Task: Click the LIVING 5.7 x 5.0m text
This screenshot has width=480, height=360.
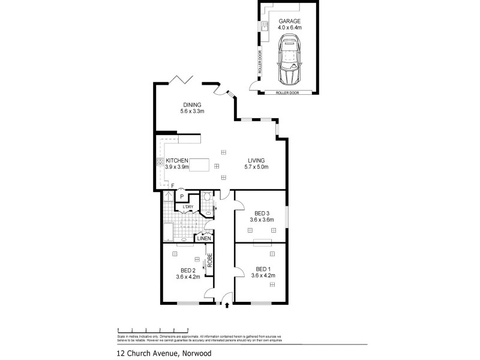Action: click(258, 164)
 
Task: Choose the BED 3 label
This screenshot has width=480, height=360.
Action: click(262, 213)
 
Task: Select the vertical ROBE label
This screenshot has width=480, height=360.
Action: click(210, 262)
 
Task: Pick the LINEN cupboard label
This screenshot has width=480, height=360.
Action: click(204, 238)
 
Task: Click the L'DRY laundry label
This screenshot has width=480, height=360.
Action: click(188, 208)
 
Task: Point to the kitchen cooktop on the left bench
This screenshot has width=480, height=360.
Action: click(160, 161)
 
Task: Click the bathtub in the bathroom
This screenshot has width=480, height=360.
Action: click(167, 231)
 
